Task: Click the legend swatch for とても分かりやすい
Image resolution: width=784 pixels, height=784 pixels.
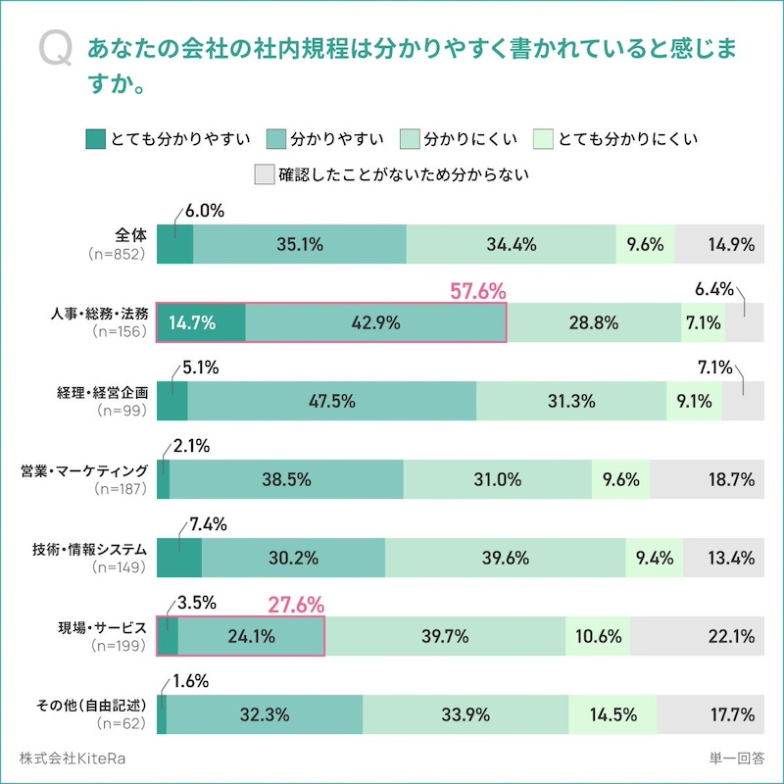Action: (x=96, y=138)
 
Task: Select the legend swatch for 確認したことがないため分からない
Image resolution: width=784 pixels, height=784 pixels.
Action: (x=264, y=175)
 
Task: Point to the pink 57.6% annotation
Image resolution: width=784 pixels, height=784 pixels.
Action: (x=477, y=291)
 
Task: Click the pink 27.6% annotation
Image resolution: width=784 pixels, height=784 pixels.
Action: (x=296, y=606)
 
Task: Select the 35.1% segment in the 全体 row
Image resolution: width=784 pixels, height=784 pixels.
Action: (x=300, y=245)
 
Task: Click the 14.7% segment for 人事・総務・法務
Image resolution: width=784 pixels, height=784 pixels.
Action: (x=202, y=322)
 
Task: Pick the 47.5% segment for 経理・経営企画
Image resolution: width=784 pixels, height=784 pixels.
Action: (x=331, y=401)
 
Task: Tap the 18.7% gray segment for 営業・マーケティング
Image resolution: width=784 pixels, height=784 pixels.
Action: (x=707, y=479)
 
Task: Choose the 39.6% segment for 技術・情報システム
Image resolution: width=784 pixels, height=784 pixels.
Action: (x=506, y=558)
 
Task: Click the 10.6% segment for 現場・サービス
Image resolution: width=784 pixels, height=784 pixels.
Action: (x=598, y=636)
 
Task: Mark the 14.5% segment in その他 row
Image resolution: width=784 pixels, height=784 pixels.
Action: (x=612, y=714)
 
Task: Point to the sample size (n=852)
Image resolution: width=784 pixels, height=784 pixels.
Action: (x=117, y=254)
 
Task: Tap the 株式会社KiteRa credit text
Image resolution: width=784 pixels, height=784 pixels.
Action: (x=73, y=759)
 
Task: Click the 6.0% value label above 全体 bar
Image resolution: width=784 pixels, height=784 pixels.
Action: (x=205, y=211)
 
